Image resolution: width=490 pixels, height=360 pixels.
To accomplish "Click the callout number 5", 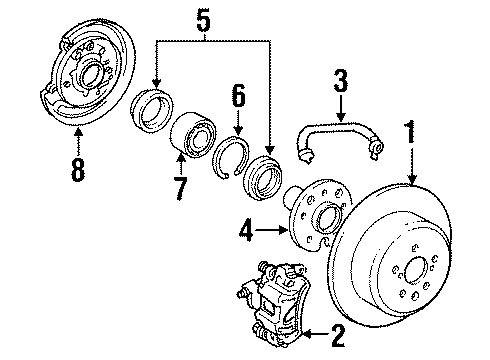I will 203,17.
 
